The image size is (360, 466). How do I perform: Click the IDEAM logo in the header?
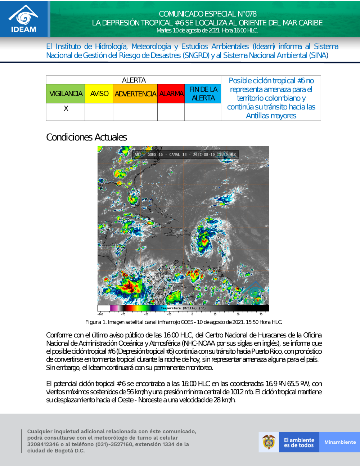(x=24, y=19)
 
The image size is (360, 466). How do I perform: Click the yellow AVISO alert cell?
(x=99, y=94)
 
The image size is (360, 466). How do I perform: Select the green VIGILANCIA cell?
(x=66, y=94)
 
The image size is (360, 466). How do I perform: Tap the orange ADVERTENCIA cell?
(x=135, y=94)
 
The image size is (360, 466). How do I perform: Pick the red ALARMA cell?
(x=171, y=94)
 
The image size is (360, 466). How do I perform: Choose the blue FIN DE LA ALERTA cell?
(x=203, y=94)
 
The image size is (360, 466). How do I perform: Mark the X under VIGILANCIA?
(x=66, y=108)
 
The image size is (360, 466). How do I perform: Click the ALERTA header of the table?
(x=134, y=80)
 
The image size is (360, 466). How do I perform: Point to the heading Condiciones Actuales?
(x=86, y=137)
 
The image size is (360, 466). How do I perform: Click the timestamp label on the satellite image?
(x=215, y=154)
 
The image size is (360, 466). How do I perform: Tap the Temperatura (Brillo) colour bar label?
(x=183, y=308)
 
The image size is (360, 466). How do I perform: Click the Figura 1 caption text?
(x=184, y=322)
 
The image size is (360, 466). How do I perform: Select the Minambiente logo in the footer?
(x=340, y=442)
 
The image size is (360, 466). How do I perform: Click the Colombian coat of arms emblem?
(x=269, y=442)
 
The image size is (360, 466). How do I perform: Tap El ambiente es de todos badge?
(x=299, y=442)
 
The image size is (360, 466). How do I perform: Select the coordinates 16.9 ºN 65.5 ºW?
(x=287, y=384)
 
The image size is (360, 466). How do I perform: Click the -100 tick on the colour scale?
(x=100, y=314)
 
